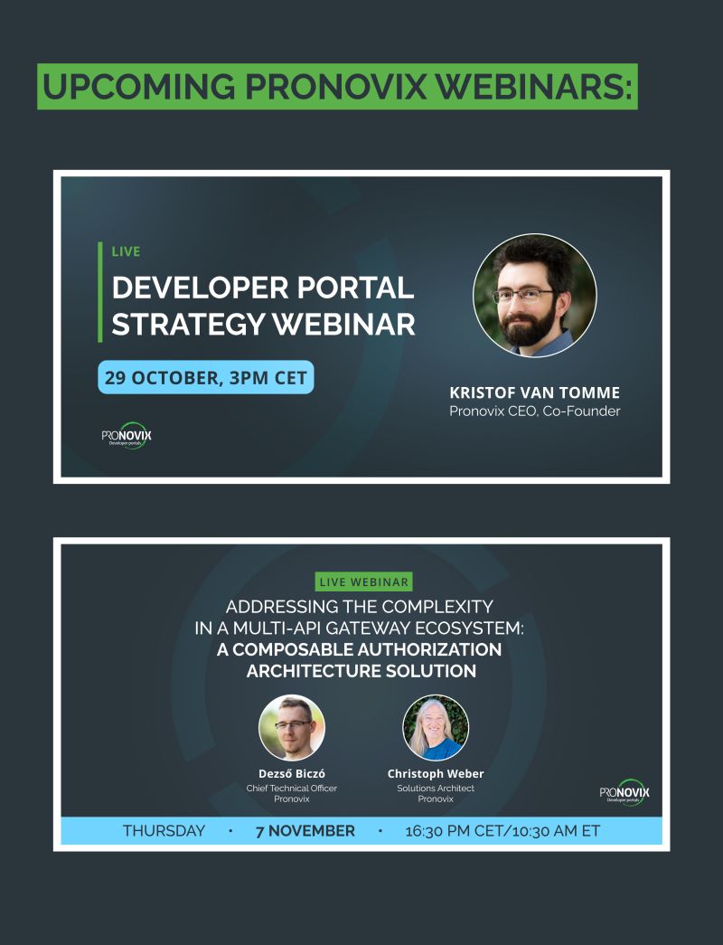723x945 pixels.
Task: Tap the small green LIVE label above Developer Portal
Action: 126,251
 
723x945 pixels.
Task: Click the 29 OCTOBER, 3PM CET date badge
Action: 205,377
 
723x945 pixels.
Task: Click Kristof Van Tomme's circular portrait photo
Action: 535,296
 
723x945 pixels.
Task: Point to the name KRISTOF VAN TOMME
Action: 534,393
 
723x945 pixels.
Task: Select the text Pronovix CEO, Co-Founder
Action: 535,411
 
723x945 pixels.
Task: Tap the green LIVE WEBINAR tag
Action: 364,581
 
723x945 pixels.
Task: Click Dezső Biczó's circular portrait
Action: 292,726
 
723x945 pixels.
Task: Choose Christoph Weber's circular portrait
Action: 436,726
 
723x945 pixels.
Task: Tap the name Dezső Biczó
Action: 292,773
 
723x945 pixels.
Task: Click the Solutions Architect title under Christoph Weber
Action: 436,788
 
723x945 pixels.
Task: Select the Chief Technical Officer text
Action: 292,788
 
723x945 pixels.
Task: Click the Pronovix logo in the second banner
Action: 624,793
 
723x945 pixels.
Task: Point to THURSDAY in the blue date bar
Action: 164,831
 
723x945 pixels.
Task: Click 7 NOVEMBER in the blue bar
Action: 305,831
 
